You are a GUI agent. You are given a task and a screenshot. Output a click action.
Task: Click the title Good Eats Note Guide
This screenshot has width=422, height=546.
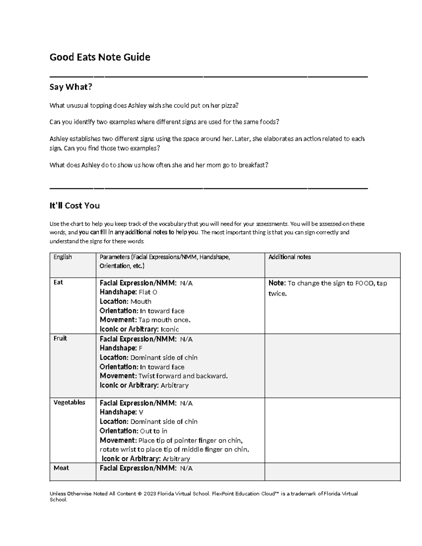(100, 57)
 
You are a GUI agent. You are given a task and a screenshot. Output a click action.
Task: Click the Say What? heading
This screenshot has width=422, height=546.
(71, 87)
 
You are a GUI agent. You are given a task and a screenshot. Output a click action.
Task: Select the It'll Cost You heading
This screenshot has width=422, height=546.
(75, 206)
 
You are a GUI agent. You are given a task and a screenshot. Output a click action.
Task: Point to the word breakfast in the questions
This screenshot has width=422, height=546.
(253, 165)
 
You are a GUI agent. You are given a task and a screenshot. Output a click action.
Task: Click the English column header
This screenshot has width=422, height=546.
(63, 257)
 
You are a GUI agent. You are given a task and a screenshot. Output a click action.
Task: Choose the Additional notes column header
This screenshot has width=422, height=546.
(289, 257)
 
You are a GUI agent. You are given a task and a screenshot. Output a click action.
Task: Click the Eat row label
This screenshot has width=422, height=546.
(58, 282)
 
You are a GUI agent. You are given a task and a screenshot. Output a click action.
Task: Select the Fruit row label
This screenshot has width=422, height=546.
(60, 338)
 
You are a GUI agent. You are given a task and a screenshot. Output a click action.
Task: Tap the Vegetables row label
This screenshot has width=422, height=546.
(69, 402)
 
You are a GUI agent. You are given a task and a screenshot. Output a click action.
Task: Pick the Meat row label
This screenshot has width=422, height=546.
(61, 468)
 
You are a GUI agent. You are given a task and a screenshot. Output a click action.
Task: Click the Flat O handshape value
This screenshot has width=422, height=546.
(148, 292)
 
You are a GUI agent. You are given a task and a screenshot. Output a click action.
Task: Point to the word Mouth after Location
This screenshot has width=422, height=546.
(141, 301)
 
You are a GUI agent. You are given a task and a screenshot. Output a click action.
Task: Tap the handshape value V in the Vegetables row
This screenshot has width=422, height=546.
(141, 412)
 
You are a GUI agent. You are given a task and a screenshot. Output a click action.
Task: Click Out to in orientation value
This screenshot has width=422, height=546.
(154, 431)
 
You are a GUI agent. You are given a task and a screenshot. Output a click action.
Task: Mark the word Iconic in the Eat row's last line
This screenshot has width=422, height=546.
(170, 329)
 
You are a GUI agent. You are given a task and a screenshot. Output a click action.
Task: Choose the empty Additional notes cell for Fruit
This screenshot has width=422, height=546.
(332, 366)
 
